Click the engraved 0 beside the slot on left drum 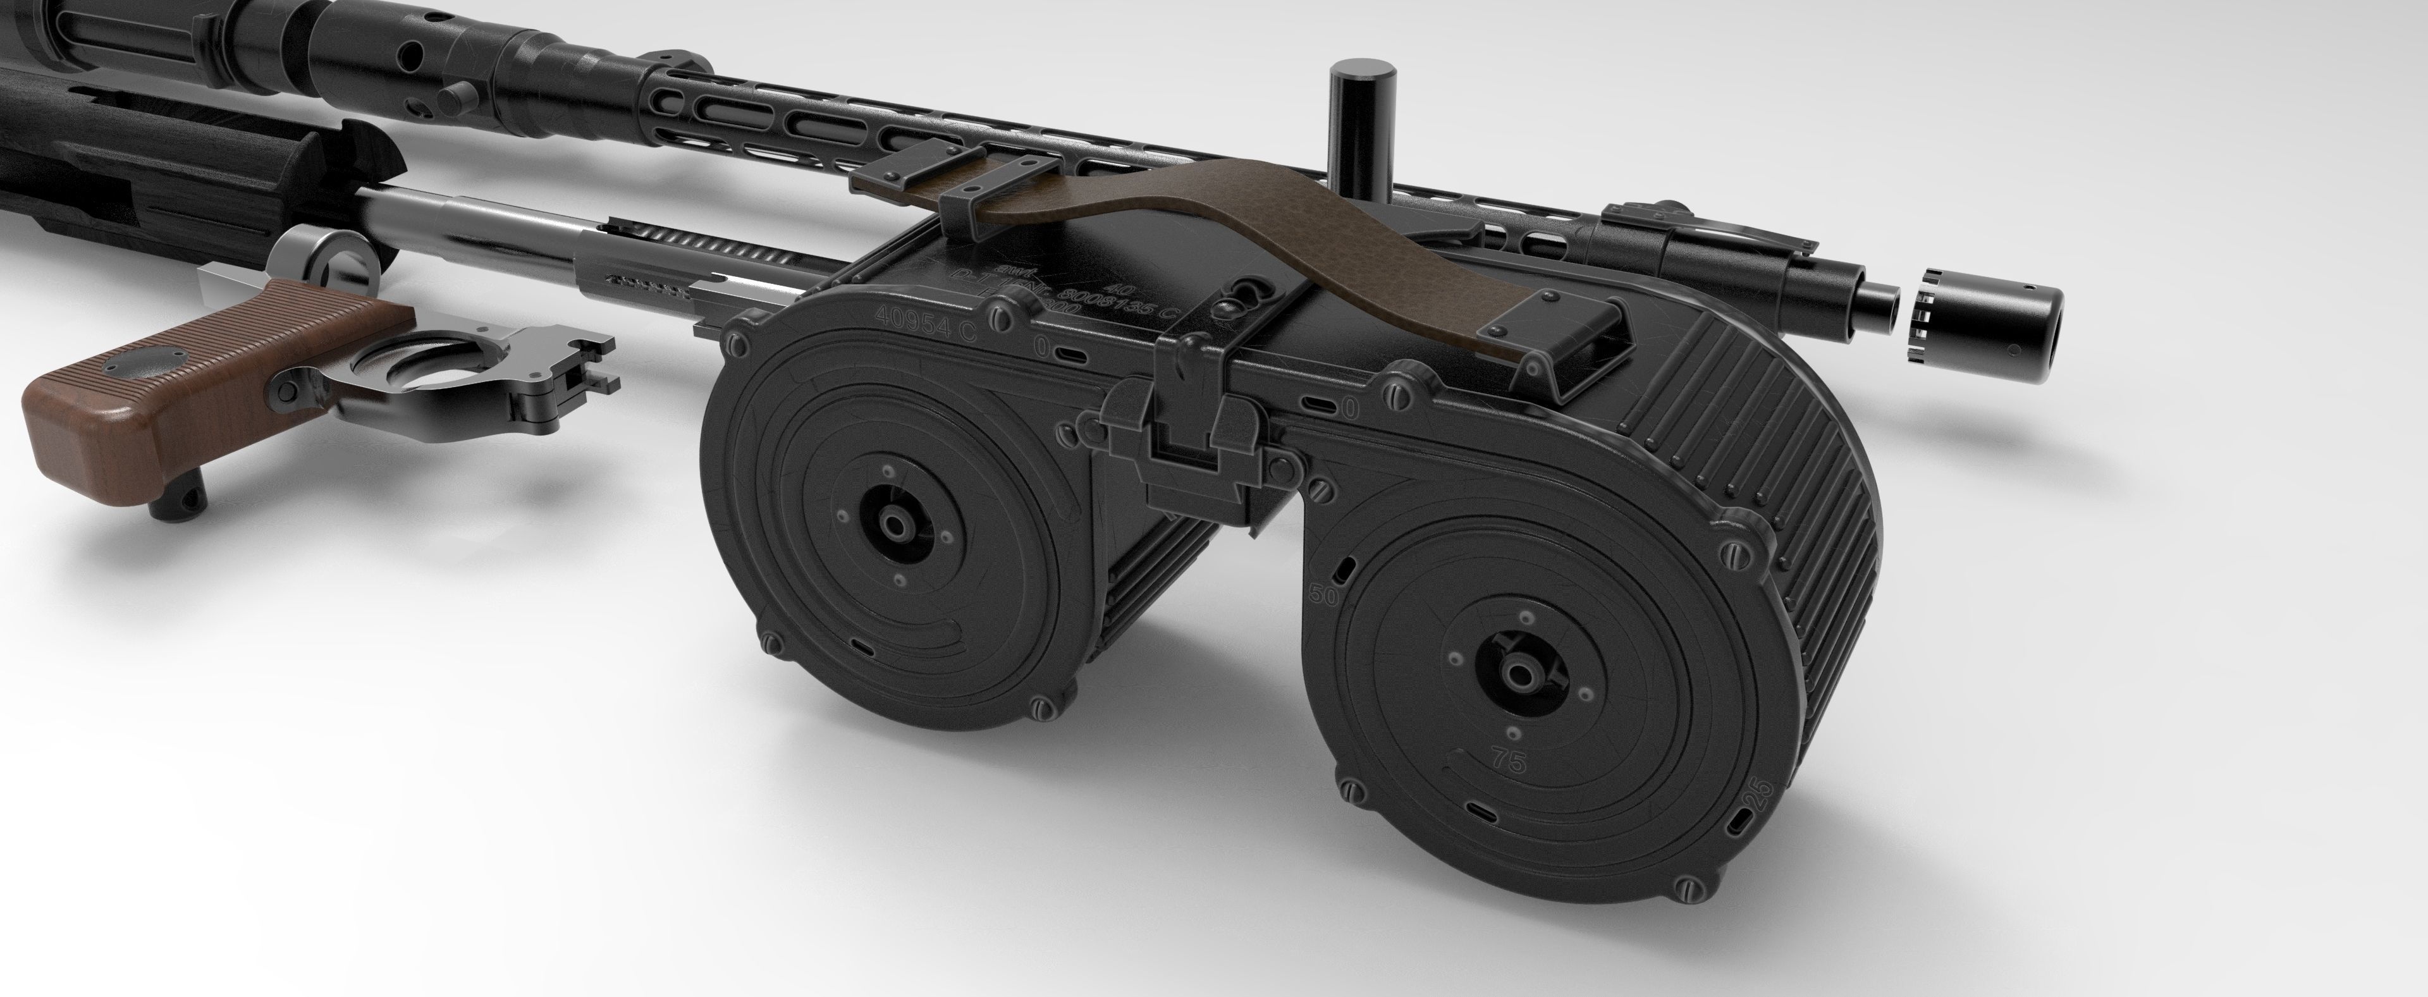pyautogui.click(x=1039, y=349)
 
